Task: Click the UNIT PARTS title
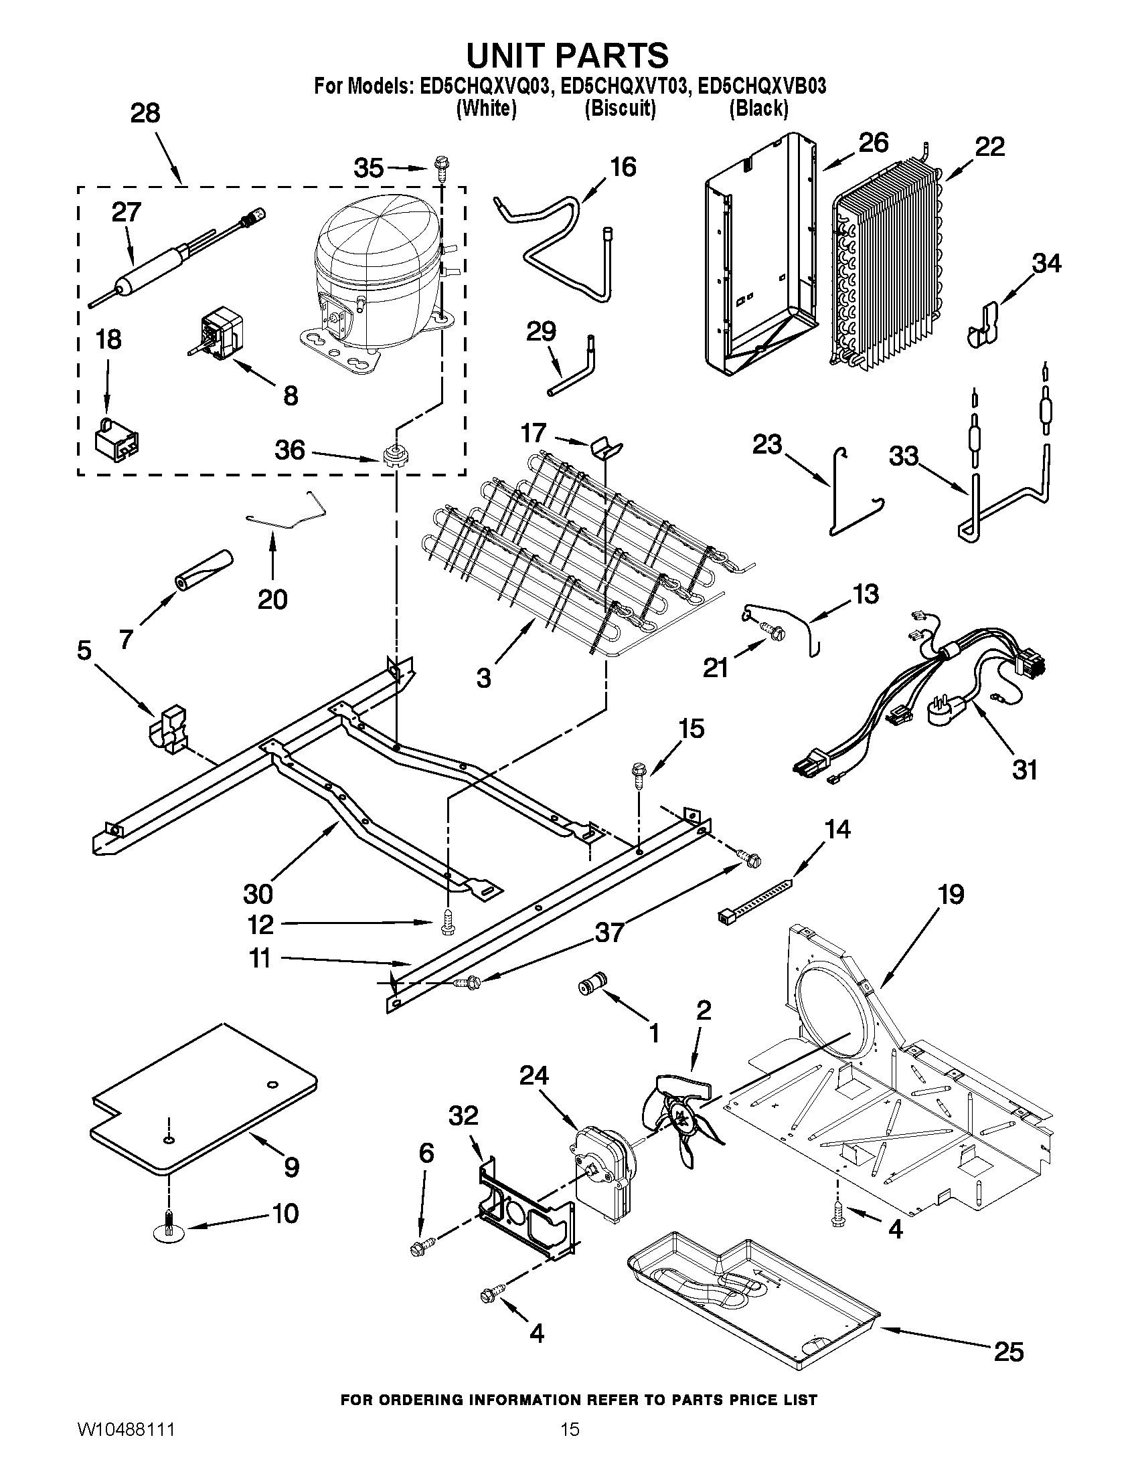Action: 568,56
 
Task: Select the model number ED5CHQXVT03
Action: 621,87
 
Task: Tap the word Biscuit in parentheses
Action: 620,108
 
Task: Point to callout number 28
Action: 145,113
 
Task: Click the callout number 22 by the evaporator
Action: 989,147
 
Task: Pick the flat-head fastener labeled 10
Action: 168,1229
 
